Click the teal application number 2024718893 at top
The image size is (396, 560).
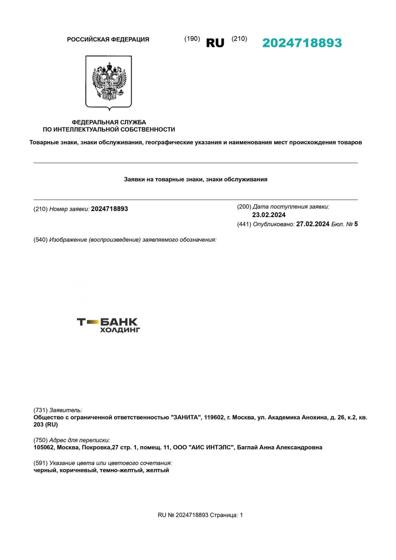(x=302, y=43)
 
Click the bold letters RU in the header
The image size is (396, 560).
(x=215, y=43)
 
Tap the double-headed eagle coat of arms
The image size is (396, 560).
(x=109, y=82)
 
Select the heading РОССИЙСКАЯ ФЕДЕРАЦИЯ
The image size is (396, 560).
(x=108, y=40)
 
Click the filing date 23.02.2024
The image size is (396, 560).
(x=269, y=215)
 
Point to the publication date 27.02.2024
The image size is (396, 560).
(x=313, y=224)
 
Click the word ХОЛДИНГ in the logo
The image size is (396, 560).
(x=120, y=330)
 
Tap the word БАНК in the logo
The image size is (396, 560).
(x=119, y=322)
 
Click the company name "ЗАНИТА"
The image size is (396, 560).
(x=186, y=417)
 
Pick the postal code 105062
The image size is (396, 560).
(x=43, y=448)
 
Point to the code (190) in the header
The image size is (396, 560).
(x=192, y=39)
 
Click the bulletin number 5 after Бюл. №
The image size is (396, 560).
(x=356, y=224)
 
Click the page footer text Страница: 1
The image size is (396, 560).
(x=226, y=515)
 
